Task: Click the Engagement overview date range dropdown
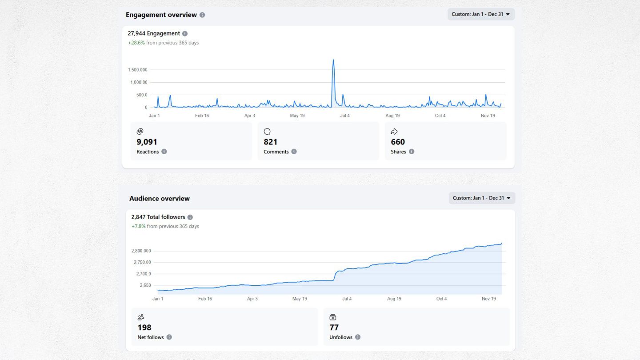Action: tap(480, 14)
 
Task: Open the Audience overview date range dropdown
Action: tap(481, 198)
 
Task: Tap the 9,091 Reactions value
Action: tap(147, 142)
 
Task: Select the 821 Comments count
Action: tap(270, 142)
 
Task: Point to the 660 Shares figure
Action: tap(398, 142)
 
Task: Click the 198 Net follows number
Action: tap(144, 328)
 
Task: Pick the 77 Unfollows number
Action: tap(334, 328)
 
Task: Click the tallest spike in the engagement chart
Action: tap(333, 61)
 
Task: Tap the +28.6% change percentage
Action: tap(136, 43)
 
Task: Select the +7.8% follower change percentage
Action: tap(138, 227)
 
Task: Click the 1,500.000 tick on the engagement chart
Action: tap(137, 70)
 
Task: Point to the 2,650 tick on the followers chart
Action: tap(145, 285)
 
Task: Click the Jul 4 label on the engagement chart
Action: tap(345, 116)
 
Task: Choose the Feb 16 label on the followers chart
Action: tap(205, 299)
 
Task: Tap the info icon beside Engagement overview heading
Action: tap(202, 15)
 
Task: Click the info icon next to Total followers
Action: tap(190, 217)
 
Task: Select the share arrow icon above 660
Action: tap(394, 132)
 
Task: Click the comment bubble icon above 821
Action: tap(267, 132)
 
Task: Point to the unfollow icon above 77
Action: tap(333, 317)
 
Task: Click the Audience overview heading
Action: tap(160, 199)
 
